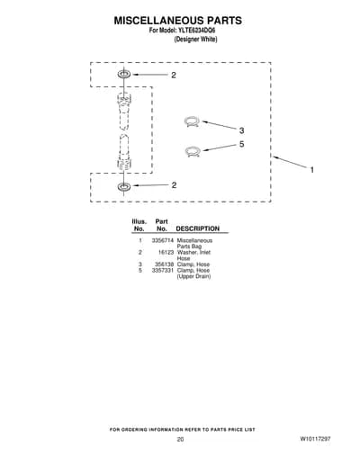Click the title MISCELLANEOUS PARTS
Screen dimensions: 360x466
[178, 21]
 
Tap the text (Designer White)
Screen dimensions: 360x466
[195, 40]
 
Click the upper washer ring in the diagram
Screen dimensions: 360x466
[124, 74]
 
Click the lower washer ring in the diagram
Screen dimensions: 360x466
[124, 186]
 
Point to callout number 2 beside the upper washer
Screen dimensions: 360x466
[174, 76]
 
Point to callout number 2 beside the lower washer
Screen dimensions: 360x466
[174, 185]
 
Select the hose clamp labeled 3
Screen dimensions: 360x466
[191, 121]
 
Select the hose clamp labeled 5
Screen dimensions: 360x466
[192, 151]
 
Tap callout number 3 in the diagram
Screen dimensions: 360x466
[241, 130]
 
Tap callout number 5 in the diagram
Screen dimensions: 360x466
[241, 144]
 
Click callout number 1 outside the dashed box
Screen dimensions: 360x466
[312, 170]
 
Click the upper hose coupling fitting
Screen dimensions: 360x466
[124, 111]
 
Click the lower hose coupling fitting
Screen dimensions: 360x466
[124, 152]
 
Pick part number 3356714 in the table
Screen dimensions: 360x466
[163, 240]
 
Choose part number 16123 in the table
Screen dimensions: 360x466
[166, 253]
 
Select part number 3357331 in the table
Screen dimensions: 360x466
[163, 271]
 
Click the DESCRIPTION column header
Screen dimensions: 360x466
[198, 229]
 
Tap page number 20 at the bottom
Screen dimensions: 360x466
[180, 439]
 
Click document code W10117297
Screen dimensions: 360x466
[315, 439]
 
